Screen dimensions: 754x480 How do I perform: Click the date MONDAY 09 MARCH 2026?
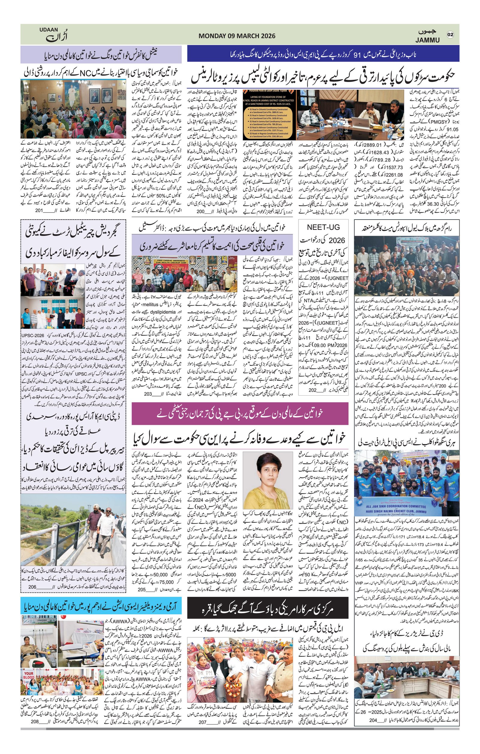point(237,36)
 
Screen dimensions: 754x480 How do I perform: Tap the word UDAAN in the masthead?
point(49,29)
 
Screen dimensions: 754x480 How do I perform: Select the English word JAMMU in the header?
point(427,40)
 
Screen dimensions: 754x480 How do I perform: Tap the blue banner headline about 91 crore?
point(323,55)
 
